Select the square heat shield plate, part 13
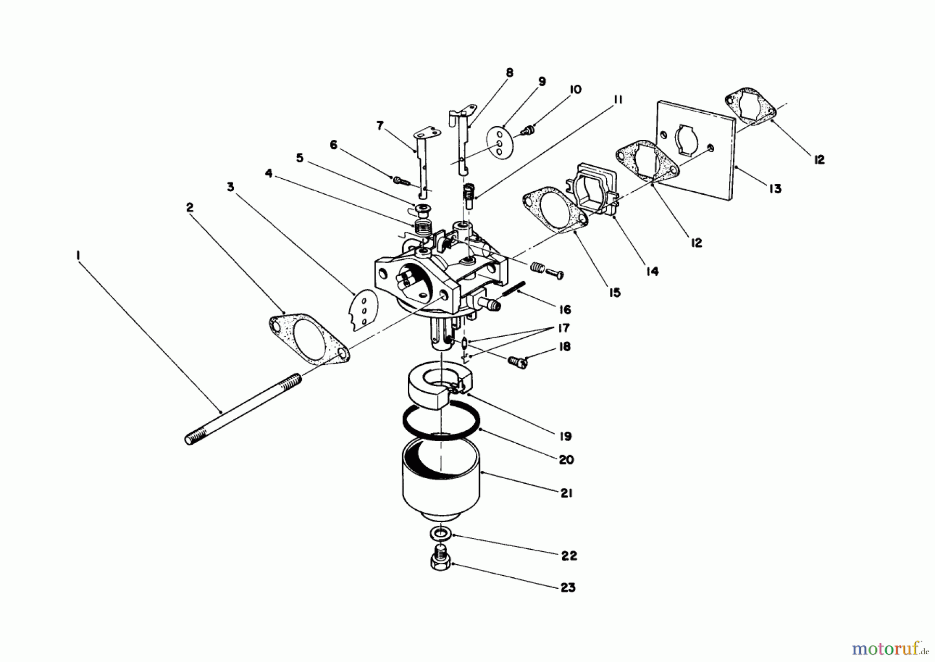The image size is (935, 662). (x=696, y=151)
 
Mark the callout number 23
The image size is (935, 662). (x=568, y=588)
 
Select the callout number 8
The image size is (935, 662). (x=509, y=73)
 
